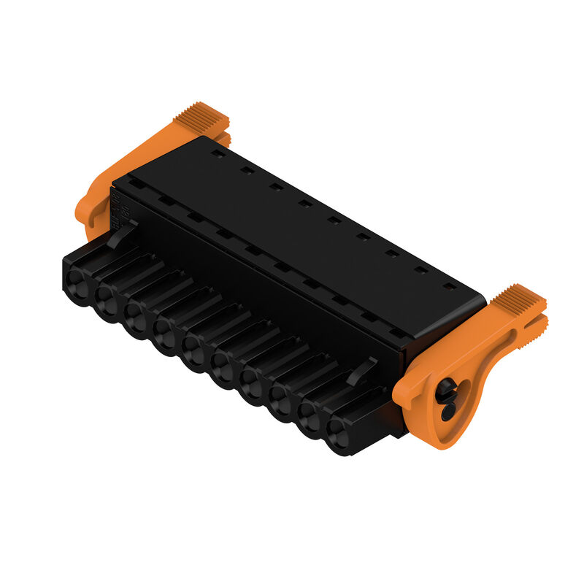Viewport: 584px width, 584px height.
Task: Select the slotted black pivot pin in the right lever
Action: [x=446, y=400]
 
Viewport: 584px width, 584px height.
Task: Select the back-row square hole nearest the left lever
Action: [x=217, y=154]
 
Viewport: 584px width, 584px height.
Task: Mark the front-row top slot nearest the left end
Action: [x=136, y=184]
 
